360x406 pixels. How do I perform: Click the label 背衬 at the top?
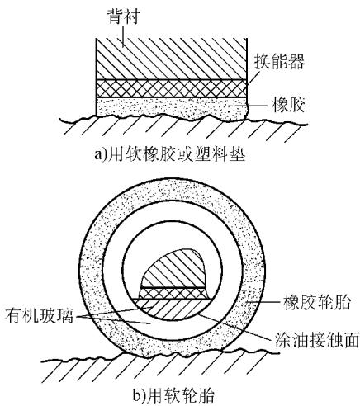(x=123, y=16)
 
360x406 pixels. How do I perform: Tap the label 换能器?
(x=279, y=61)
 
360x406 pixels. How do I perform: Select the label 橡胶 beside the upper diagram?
(x=288, y=105)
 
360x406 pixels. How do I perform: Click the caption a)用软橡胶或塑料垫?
(x=169, y=154)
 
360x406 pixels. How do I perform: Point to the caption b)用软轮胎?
(x=173, y=396)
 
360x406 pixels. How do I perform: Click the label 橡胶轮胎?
(x=317, y=302)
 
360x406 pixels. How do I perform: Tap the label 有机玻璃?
(x=40, y=316)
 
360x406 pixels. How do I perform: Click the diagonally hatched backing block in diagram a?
(x=172, y=59)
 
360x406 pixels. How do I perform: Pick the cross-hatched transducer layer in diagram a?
(x=172, y=88)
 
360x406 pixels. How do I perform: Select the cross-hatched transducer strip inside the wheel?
(x=174, y=293)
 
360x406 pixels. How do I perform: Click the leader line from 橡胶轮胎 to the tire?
(x=263, y=302)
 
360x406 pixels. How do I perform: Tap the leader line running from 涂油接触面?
(x=234, y=327)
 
